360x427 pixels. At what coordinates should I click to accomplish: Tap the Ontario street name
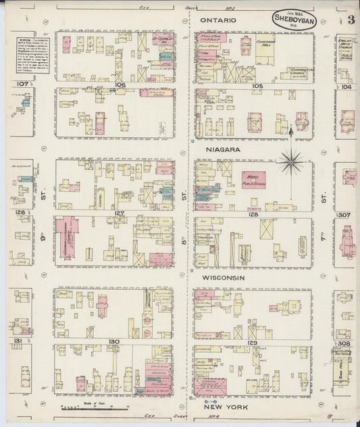pos(218,21)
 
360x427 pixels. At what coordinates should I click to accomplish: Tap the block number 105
pos(257,86)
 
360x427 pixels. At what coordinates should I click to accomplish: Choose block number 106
pos(120,85)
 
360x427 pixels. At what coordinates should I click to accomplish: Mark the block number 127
pos(120,214)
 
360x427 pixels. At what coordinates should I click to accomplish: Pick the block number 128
pos(253,214)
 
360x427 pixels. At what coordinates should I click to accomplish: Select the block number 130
pos(113,342)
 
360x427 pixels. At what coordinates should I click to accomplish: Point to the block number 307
pos(345,215)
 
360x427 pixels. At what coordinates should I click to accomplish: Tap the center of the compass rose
pos(291,160)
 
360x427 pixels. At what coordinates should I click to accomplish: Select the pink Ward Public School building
pos(253,179)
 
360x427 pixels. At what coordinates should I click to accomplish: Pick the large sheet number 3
pos(351,19)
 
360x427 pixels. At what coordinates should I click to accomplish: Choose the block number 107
pos(23,84)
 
